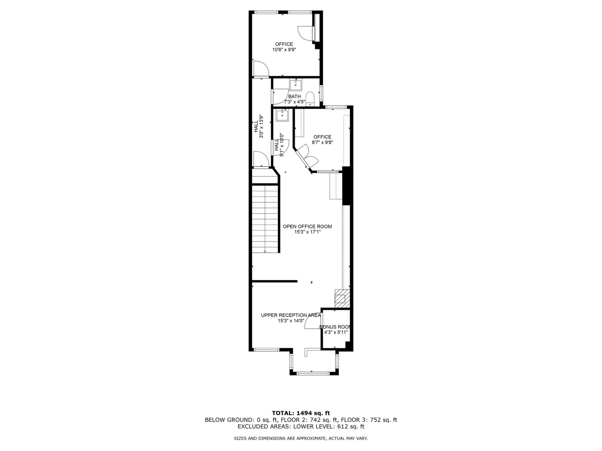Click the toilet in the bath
point(310,98)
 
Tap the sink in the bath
point(295,85)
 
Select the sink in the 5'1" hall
point(282,115)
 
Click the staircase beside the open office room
point(266,219)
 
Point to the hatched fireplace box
point(342,298)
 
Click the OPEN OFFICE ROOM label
point(307,226)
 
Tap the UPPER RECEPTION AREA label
point(291,315)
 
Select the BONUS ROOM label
point(335,327)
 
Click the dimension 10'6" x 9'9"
point(284,49)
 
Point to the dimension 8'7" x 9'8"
point(322,142)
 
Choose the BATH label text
point(294,96)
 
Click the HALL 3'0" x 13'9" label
point(258,127)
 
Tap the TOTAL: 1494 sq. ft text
point(301,413)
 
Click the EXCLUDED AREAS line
point(301,427)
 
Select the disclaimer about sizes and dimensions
point(301,438)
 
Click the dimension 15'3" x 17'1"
point(307,232)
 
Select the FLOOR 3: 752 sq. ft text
point(369,420)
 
